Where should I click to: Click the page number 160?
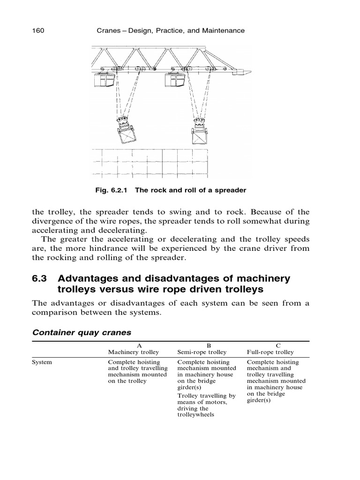(x=37, y=31)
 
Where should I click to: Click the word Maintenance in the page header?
(x=223, y=31)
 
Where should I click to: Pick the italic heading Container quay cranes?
(x=82, y=332)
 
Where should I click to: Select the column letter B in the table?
(x=202, y=345)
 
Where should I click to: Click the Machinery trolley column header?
(x=134, y=352)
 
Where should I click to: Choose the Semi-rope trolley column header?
(x=202, y=352)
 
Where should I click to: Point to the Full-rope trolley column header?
(x=270, y=352)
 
